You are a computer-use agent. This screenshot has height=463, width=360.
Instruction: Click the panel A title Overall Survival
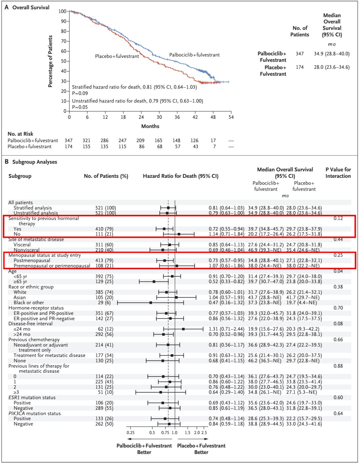click(31, 7)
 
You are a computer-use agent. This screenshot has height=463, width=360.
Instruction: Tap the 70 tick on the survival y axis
click(63, 41)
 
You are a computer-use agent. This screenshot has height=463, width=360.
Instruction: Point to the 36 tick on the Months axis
click(177, 117)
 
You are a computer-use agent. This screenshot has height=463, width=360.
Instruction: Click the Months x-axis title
click(150, 126)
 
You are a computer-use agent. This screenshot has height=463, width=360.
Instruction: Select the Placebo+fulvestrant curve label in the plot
click(117, 56)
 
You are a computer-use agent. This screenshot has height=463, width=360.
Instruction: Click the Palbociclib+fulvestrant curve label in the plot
click(194, 55)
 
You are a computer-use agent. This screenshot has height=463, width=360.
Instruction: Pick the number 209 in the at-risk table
click(140, 140)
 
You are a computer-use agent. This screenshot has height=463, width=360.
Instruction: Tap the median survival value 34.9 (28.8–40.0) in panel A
click(332, 53)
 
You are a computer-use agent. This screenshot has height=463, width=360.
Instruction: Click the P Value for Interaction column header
click(338, 173)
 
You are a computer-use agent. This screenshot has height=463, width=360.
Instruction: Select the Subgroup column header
click(20, 176)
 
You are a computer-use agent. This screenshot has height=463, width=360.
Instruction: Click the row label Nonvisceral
click(26, 250)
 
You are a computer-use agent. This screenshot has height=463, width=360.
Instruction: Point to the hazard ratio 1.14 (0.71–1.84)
click(226, 234)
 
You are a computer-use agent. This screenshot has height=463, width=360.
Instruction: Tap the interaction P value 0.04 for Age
click(338, 271)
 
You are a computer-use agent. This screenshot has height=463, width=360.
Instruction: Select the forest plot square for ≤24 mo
click(183, 329)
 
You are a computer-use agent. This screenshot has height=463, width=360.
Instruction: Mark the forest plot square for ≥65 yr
click(154, 282)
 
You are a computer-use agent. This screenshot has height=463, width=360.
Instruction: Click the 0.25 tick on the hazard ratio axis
click(130, 433)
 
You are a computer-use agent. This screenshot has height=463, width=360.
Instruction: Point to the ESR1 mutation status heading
click(32, 397)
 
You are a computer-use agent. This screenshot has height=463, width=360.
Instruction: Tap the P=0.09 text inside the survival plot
click(80, 93)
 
